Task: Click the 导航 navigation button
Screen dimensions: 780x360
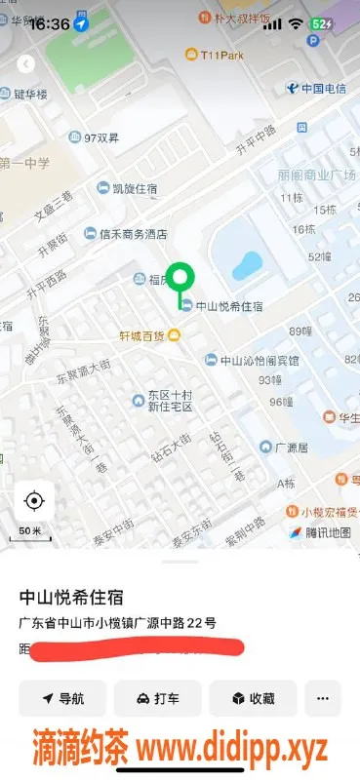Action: (x=62, y=698)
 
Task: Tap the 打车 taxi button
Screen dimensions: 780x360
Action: (x=157, y=698)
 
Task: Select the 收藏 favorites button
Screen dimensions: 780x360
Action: (x=252, y=698)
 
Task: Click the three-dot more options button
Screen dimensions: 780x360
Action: (x=323, y=698)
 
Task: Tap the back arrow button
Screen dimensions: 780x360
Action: (x=26, y=63)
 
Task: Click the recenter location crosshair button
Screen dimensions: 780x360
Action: (x=34, y=501)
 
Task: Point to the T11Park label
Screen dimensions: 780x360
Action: (x=220, y=57)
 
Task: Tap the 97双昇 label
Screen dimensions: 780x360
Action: (x=101, y=138)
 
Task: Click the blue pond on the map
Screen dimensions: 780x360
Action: (x=247, y=263)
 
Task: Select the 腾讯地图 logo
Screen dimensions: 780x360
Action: (x=321, y=532)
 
